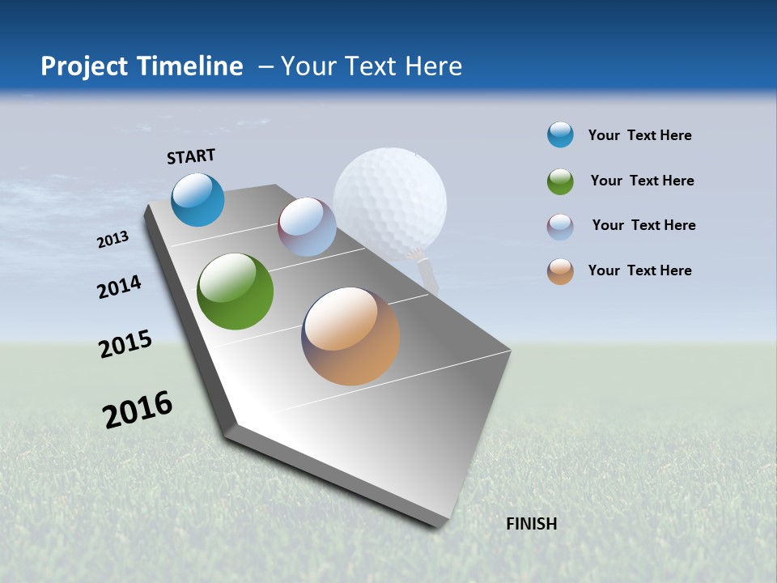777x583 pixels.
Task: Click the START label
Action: click(191, 156)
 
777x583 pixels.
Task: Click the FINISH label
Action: click(531, 524)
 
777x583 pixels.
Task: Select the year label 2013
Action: click(113, 240)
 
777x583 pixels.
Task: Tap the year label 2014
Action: click(119, 287)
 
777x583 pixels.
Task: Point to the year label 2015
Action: click(125, 344)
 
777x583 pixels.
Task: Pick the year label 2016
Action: click(138, 410)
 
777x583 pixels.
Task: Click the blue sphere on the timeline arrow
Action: click(197, 199)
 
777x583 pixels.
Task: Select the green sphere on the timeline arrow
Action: click(235, 291)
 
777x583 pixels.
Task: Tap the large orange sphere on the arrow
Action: click(350, 335)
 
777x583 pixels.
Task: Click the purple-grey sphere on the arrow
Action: click(307, 227)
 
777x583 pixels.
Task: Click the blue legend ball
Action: click(560, 135)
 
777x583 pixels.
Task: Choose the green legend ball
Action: click(560, 181)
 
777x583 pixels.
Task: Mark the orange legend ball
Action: click(560, 271)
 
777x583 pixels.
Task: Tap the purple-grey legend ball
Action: click(560, 227)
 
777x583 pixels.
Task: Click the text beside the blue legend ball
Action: click(639, 135)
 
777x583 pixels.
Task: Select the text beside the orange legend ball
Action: click(639, 270)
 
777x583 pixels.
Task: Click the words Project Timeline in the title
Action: click(142, 66)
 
